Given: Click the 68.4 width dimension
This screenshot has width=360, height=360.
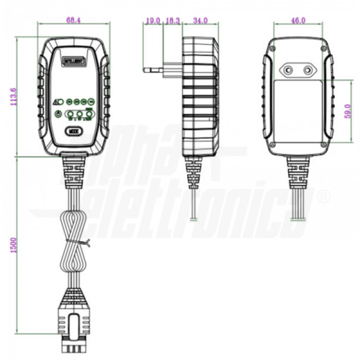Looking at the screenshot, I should [73, 20].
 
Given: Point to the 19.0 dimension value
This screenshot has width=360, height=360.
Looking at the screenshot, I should [153, 21].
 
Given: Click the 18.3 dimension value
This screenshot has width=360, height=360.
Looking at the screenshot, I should [172, 21].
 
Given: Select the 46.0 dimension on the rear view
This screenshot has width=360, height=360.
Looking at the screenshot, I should [298, 21].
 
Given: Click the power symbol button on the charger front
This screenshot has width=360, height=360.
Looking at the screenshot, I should [58, 113].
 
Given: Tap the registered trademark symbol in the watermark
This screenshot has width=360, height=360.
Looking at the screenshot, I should [323, 196].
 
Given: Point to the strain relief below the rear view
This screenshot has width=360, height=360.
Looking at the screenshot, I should [298, 172].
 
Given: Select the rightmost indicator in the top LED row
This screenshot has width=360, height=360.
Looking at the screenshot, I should [91, 102].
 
